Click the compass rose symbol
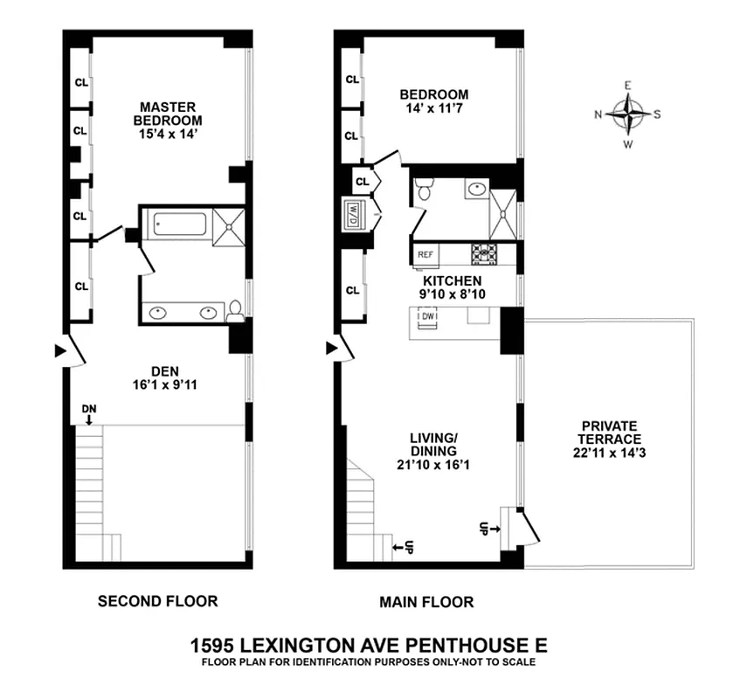pyautogui.click(x=627, y=114)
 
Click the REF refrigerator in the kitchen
pyautogui.click(x=426, y=254)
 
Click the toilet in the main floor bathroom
pyautogui.click(x=424, y=191)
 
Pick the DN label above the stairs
pyautogui.click(x=88, y=408)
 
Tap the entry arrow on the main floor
pyautogui.click(x=331, y=348)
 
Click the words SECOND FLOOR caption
pyautogui.click(x=157, y=601)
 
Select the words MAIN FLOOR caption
pyautogui.click(x=427, y=602)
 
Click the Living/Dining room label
pyautogui.click(x=433, y=444)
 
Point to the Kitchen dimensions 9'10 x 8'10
pyautogui.click(x=452, y=294)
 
